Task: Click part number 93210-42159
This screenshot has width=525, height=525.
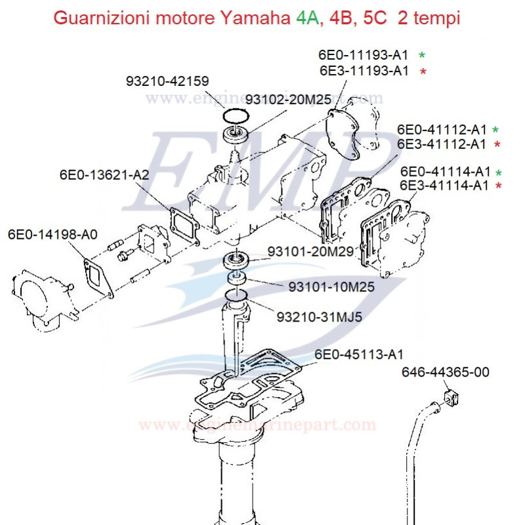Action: pos(167,82)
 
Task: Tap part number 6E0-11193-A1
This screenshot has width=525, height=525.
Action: pos(364,55)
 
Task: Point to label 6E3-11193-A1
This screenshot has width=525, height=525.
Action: pos(364,71)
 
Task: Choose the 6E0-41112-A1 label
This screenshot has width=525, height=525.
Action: pos(442,129)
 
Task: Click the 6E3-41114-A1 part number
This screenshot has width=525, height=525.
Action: pos(444,186)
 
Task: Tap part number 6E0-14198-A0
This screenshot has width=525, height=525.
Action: pos(52,234)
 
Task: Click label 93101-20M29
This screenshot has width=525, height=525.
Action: pos(310,251)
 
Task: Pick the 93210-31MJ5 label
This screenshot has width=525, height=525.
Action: pos(320,317)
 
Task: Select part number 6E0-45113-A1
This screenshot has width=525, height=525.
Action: pos(359,355)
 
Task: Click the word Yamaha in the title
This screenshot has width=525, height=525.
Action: pos(257,18)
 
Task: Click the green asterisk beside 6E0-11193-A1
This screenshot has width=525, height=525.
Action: pos(422,56)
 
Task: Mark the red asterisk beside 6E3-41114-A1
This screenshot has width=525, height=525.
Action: pos(500,186)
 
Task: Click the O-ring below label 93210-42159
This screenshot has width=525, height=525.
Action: pos(235,116)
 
